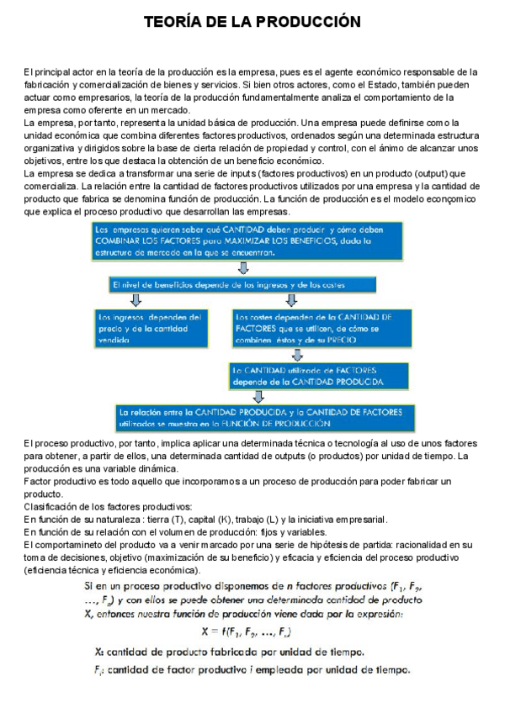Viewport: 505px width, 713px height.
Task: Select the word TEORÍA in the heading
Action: click(x=173, y=20)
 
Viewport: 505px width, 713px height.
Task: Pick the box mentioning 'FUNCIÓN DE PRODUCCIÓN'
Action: click(x=260, y=418)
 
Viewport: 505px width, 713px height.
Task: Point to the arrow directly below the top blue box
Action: click(x=243, y=267)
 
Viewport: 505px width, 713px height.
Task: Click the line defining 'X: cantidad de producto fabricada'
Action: click(x=229, y=652)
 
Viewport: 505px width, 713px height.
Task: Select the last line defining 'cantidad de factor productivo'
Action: click(x=252, y=670)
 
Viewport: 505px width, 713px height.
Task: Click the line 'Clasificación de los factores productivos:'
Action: click(x=108, y=506)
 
